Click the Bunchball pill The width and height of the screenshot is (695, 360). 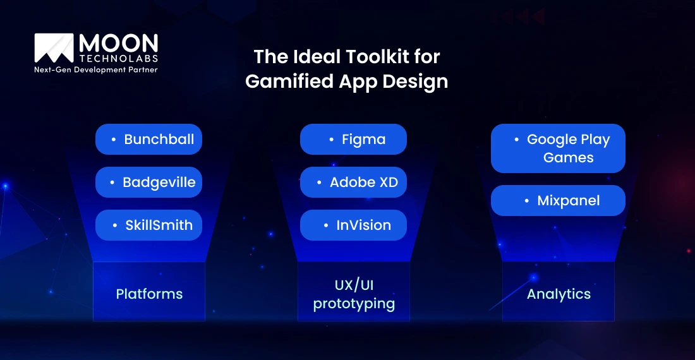148,139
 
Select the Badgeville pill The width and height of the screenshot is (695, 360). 148,183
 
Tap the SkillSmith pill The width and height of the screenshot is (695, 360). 148,225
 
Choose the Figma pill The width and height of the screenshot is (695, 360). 353,139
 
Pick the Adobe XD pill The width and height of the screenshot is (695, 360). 353,183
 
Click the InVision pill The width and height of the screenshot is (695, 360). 353,225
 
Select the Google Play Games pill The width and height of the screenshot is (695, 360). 558,148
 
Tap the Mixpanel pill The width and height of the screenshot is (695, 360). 558,201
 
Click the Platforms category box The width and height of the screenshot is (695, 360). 149,293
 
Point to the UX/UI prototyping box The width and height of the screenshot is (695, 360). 354,293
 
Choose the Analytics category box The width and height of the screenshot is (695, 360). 559,293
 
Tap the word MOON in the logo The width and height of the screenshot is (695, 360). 118,43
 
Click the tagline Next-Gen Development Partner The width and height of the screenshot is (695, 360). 95,69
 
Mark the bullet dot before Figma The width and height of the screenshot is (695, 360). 332,140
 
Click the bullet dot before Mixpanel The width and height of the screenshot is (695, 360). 527,201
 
